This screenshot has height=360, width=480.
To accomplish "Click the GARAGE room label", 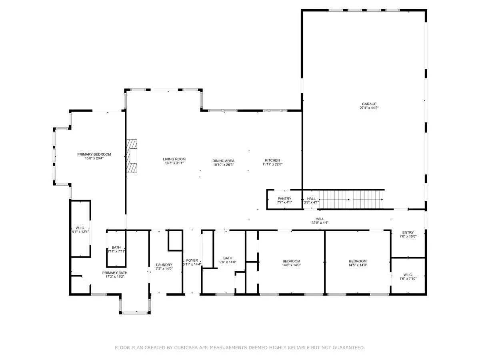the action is pyautogui.click(x=369, y=104).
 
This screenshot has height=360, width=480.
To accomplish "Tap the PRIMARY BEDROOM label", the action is pyautogui.click(x=94, y=154).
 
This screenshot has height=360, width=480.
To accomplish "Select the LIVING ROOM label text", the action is pyautogui.click(x=174, y=159).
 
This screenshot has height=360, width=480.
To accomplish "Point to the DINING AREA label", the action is pyautogui.click(x=223, y=161).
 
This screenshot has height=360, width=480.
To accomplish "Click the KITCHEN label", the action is pyautogui.click(x=272, y=160).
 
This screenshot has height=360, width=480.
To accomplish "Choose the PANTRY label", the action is pyautogui.click(x=284, y=198).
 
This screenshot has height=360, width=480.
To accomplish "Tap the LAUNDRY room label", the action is pyautogui.click(x=164, y=265).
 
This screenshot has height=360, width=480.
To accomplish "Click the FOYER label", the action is pyautogui.click(x=192, y=260).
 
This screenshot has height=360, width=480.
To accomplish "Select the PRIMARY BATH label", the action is pyautogui.click(x=114, y=273).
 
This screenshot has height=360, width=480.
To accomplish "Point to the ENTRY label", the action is pyautogui.click(x=408, y=232).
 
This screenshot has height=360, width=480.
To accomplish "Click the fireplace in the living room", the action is pyautogui.click(x=132, y=156).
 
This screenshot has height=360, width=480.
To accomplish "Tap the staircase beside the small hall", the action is pyautogui.click(x=351, y=200).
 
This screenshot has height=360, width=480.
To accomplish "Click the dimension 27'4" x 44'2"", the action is pyautogui.click(x=369, y=108).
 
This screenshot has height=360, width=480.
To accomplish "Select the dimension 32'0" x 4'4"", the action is pyautogui.click(x=320, y=223).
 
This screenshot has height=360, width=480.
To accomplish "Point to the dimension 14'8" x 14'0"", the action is pyautogui.click(x=291, y=265).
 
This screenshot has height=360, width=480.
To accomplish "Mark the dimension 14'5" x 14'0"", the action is pyautogui.click(x=358, y=265).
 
